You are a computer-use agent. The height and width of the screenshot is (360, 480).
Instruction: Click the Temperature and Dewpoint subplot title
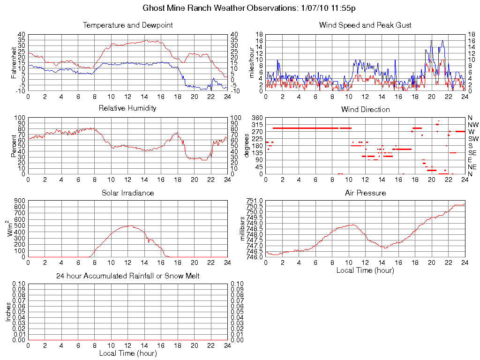(127, 25)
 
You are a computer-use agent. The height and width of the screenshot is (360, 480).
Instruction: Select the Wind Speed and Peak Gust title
(365, 25)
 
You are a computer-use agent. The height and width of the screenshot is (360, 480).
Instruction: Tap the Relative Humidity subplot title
(127, 108)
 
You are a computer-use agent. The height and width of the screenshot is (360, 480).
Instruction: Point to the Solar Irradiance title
(127, 193)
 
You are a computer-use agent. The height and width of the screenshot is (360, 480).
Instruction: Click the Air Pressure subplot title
(365, 193)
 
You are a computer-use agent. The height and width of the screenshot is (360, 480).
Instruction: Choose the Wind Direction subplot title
(365, 109)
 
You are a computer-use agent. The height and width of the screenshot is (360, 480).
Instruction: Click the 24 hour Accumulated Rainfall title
(127, 276)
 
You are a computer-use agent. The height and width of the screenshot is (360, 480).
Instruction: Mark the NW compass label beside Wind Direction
(472, 125)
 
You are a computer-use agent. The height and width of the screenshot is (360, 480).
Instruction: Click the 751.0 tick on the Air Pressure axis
(254, 201)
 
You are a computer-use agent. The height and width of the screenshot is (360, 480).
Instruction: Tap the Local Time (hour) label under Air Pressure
(365, 270)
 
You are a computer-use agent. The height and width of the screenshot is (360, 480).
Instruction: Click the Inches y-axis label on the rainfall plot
(8, 312)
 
